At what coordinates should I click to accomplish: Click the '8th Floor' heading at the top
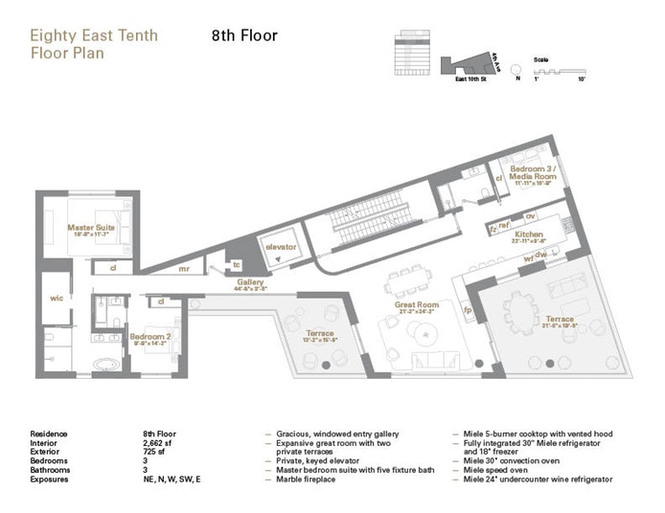(x=244, y=36)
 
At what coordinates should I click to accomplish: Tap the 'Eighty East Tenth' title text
(x=94, y=36)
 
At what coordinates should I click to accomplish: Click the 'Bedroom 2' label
(x=149, y=336)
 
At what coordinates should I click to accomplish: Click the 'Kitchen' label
(x=529, y=234)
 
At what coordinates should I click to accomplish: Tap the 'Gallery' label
(x=250, y=281)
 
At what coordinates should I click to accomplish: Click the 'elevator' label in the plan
(x=282, y=247)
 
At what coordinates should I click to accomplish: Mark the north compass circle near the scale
(x=516, y=69)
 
